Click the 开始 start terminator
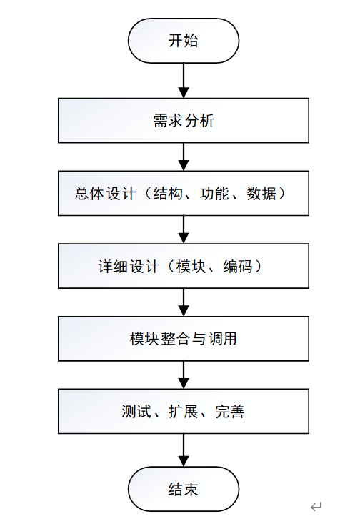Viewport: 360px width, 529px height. click(183, 41)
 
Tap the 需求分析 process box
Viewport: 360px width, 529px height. click(183, 121)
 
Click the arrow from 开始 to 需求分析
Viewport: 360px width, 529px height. click(184, 80)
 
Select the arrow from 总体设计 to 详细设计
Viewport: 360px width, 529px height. click(184, 229)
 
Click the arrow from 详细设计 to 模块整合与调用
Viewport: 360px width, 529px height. click(184, 302)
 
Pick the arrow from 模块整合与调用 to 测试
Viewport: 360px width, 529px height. click(184, 375)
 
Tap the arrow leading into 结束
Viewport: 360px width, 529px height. click(184, 450)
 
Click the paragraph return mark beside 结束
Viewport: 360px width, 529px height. click(316, 507)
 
